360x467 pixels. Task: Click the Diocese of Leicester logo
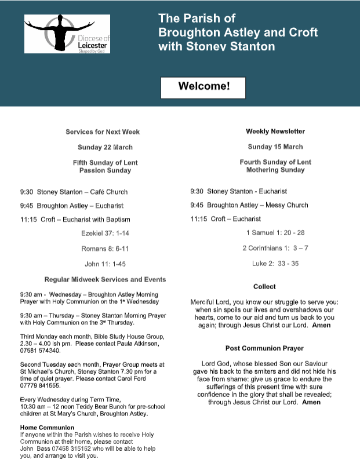[67, 34]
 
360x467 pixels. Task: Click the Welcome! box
[203, 87]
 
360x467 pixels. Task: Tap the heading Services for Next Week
[103, 132]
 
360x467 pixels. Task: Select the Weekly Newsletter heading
[275, 132]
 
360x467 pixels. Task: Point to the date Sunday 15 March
[275, 147]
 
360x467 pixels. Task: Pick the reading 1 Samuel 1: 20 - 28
[275, 233]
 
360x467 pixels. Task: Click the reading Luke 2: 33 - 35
[275, 263]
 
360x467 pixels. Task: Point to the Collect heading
[264, 287]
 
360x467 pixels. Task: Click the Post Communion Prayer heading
[264, 348]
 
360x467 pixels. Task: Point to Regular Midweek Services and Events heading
[105, 280]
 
